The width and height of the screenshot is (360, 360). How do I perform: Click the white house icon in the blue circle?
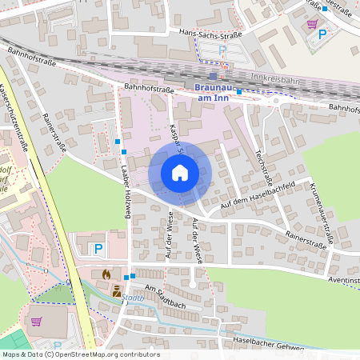click(x=180, y=172)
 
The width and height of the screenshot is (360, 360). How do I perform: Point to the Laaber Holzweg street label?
click(x=126, y=197)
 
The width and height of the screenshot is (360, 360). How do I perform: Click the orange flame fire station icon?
click(x=106, y=274)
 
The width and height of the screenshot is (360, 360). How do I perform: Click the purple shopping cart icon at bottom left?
click(x=37, y=321)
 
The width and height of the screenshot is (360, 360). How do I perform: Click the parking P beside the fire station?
click(x=98, y=249)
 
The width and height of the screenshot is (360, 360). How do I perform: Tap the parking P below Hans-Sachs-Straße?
click(x=223, y=50)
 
